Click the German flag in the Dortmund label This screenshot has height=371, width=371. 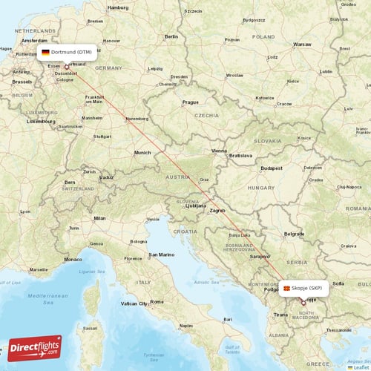click(46, 53)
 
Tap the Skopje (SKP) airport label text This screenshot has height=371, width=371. click(307, 288)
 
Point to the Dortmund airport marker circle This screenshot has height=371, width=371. click(67, 67)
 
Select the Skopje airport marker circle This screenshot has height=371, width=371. click(303, 303)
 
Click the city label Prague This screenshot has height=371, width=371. click(191, 102)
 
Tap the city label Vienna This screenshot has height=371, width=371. click(219, 151)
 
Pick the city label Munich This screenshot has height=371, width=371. click(142, 153)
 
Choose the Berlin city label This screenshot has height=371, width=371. click(171, 36)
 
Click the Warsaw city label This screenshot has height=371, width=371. click(302, 45)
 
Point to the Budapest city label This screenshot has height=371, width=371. click(272, 168)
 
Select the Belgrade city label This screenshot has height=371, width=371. click(295, 234)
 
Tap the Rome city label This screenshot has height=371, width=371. click(157, 301)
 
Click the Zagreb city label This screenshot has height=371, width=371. click(217, 211)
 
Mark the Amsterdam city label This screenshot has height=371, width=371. click(35, 40)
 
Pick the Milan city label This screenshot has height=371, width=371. click(99, 218)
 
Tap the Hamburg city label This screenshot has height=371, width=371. click(118, 7)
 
